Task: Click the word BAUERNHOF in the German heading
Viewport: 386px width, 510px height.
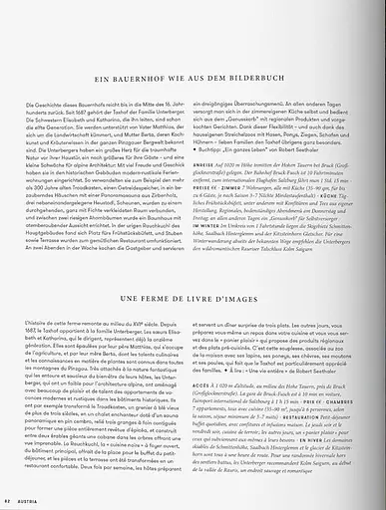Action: (x=149, y=104)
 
